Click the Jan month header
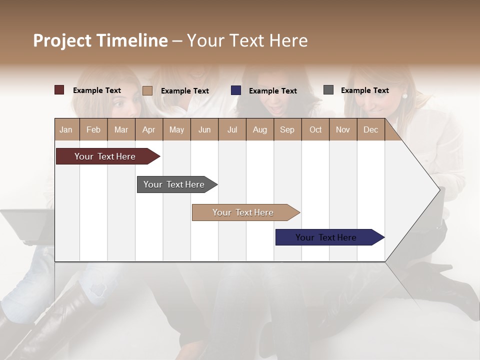pos(66,129)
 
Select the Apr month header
pos(149,129)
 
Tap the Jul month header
pos(232,129)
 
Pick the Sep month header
pos(287,129)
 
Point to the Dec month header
pos(370,129)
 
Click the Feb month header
pos(93,129)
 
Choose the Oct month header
pos(315,129)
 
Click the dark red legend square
pos(59,90)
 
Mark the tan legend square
pos(147,90)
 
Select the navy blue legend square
pos(236,90)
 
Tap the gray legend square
pos(328,90)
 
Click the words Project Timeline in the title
pos(100,40)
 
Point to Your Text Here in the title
pos(247,40)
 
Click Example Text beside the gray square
pos(364,90)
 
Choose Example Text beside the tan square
pos(184,91)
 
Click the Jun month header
pos(204,129)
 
